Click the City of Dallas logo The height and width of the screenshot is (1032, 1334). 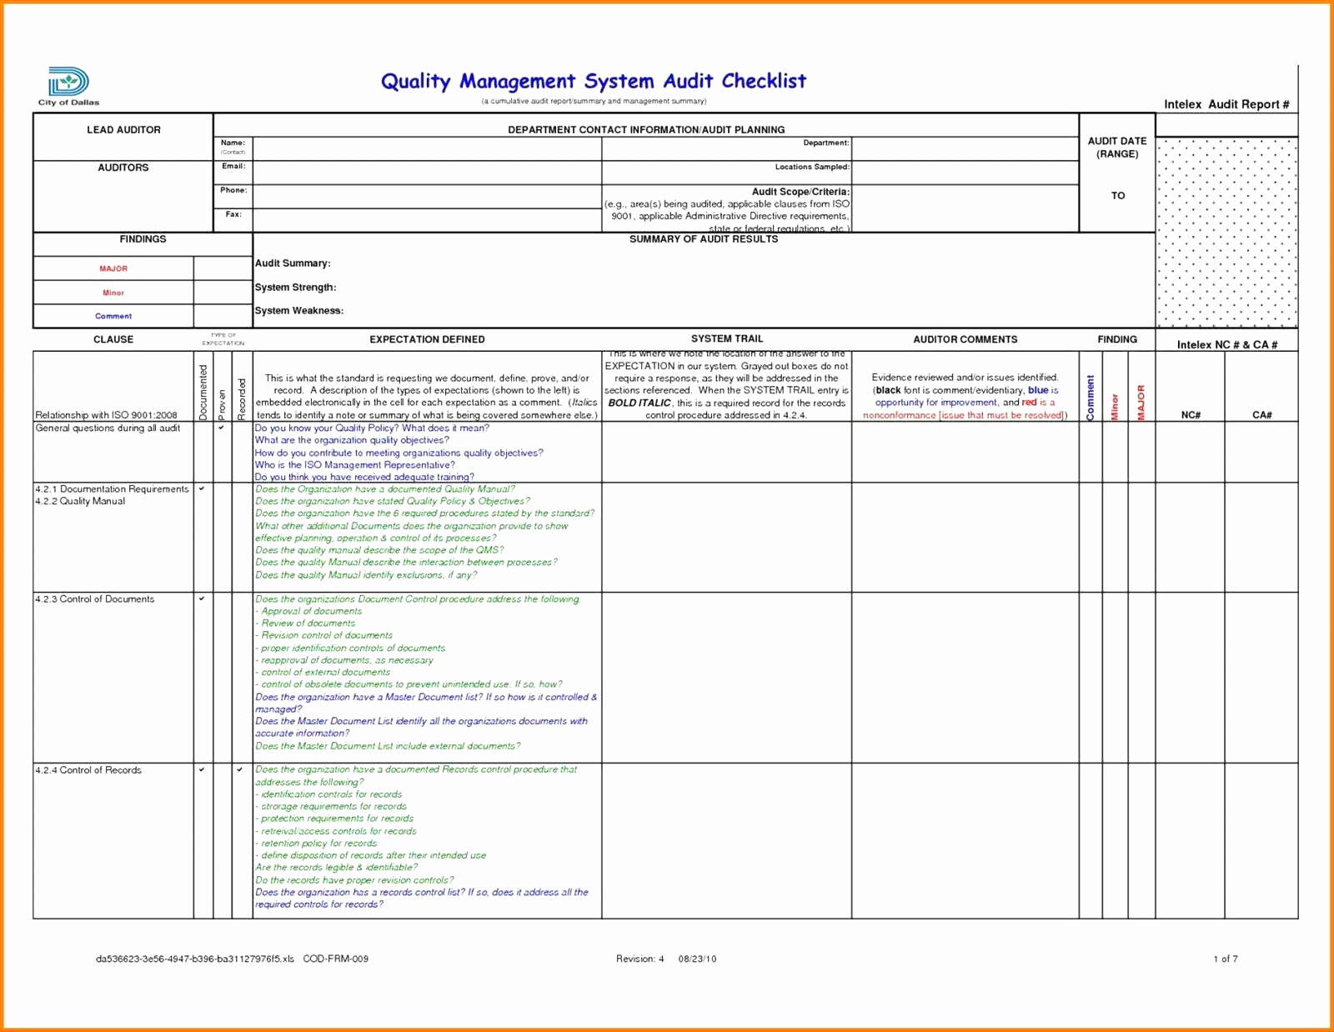point(68,85)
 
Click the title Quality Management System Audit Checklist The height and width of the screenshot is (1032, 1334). point(593,81)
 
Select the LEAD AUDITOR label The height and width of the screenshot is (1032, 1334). point(123,130)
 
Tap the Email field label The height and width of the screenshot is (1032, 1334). point(233,167)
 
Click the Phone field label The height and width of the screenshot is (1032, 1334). point(233,190)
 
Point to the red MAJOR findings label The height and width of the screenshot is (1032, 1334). point(113,268)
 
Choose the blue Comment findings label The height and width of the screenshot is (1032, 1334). point(113,316)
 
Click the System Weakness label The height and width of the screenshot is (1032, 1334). point(298,311)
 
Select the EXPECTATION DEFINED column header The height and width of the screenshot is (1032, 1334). point(427,339)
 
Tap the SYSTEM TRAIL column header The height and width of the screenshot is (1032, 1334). point(726,338)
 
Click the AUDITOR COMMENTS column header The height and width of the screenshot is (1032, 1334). point(965,339)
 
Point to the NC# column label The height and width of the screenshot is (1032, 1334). point(1190,415)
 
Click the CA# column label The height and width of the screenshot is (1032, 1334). point(1261,415)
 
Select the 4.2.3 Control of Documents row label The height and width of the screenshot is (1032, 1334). point(94,599)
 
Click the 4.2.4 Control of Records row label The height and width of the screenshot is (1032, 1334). point(88,770)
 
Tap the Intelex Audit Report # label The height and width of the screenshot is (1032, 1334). point(1226,104)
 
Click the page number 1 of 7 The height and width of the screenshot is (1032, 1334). point(1225,959)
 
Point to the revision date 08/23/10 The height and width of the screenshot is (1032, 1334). point(698,959)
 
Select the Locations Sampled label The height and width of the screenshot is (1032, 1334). point(812,167)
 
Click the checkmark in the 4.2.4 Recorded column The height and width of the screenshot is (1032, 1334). point(240,769)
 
